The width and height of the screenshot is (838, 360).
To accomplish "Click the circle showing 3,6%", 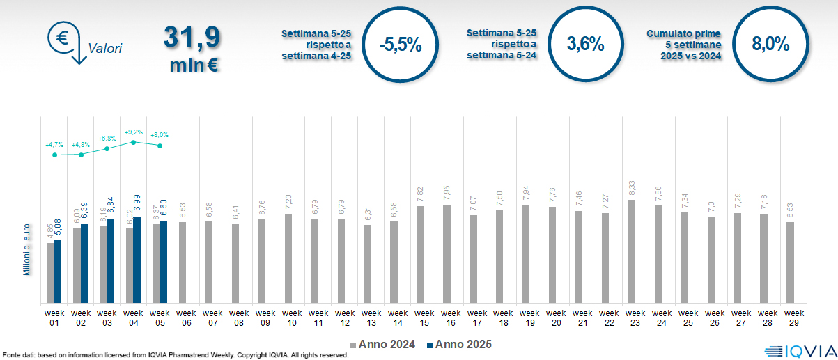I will click(585, 44).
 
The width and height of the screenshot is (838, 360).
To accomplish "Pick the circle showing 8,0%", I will click(770, 44).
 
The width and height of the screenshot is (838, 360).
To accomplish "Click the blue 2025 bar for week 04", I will click(137, 260).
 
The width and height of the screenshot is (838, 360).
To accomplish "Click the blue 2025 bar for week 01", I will click(58, 272).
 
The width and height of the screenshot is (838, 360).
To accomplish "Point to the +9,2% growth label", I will click(133, 132).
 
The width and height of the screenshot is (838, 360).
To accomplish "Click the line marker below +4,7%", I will click(54, 155).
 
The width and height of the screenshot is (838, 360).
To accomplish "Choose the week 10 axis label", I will click(292, 318).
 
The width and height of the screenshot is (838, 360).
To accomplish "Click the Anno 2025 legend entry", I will click(459, 344).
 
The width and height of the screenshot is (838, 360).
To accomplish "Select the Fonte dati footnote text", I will click(174, 355).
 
